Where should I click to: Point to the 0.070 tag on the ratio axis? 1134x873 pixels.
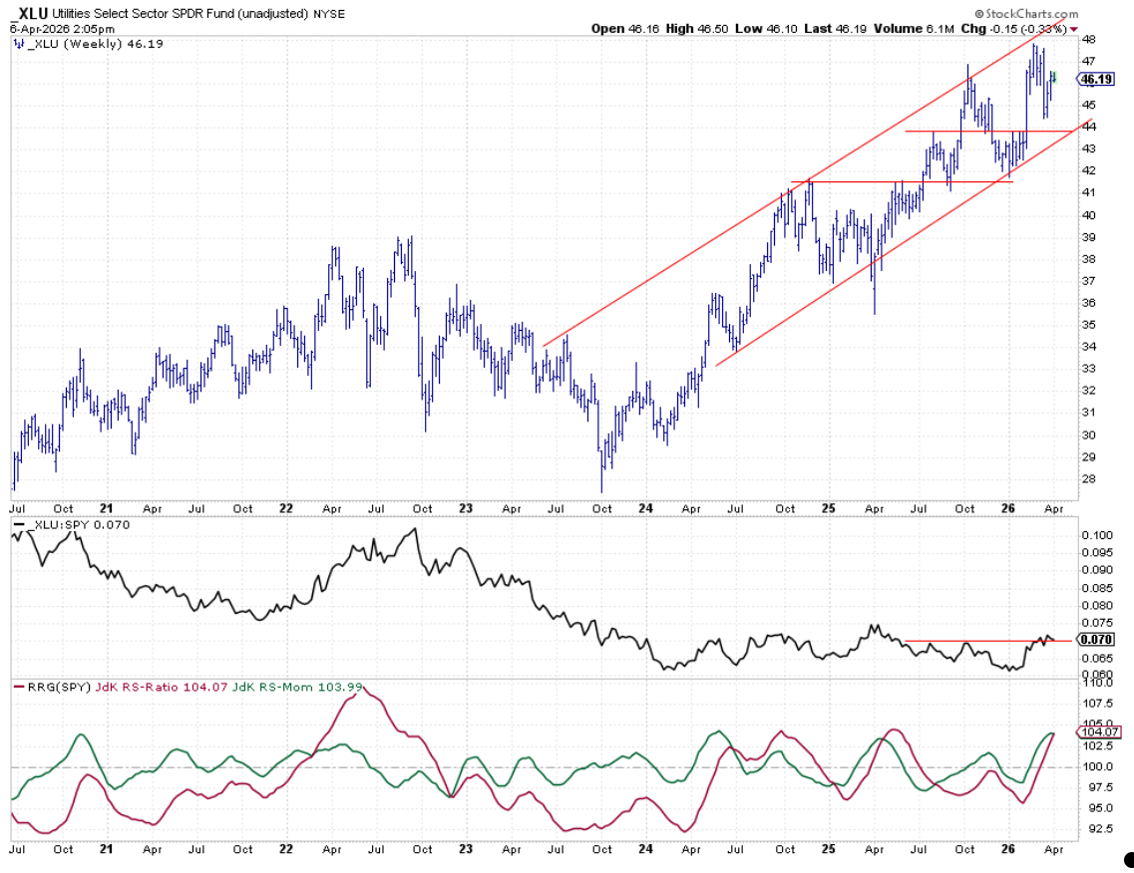click(x=1097, y=639)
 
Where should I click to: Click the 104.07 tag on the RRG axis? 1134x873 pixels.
click(x=1098, y=731)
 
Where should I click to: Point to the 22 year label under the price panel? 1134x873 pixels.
click(x=287, y=507)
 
